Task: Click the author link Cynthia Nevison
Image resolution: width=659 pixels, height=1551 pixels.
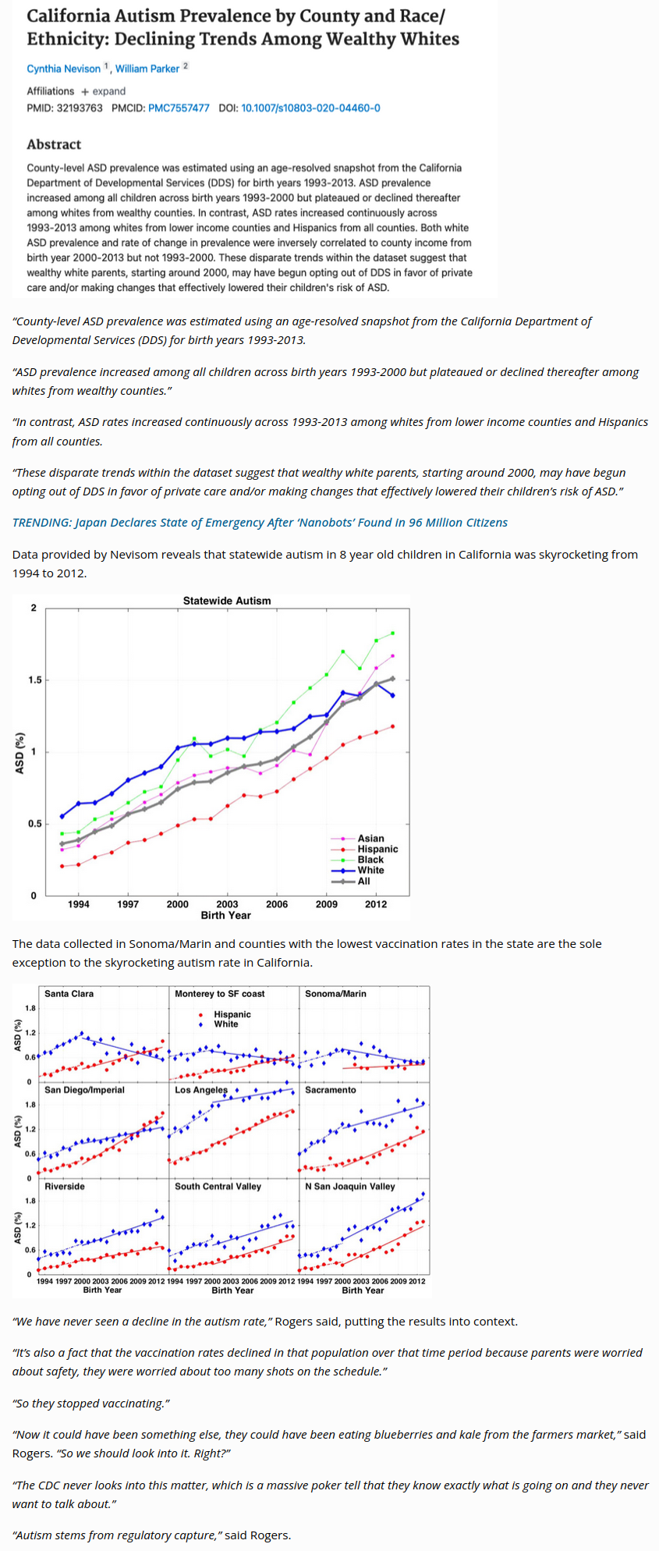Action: (x=64, y=69)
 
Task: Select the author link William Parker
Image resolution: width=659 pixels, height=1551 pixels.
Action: (x=147, y=69)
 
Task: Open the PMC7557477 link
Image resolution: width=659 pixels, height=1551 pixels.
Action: (x=179, y=108)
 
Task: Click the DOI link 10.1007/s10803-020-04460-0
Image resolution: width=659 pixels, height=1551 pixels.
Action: (x=310, y=108)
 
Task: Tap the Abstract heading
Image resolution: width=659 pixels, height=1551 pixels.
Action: (x=54, y=144)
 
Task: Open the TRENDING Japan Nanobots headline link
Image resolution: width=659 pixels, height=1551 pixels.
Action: (x=260, y=523)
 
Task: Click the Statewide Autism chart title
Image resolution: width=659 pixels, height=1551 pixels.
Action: (x=227, y=601)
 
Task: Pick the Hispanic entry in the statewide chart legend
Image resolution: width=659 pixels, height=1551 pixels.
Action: (x=377, y=849)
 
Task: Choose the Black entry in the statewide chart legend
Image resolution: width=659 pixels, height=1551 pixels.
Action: (x=370, y=860)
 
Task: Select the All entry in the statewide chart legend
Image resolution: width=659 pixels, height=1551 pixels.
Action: (x=363, y=881)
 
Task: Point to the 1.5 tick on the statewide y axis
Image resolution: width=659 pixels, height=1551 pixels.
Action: (x=35, y=680)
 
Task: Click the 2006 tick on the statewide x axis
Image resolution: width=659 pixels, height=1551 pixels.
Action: (x=277, y=904)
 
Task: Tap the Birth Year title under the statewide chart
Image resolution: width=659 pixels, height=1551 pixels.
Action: (x=226, y=915)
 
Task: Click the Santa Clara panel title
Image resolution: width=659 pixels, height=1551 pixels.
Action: (x=69, y=994)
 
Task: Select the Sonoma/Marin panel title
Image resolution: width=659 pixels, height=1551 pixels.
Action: (x=335, y=994)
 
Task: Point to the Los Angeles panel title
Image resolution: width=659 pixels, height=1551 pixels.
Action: (x=201, y=1090)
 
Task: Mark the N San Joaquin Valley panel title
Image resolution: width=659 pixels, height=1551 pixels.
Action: (x=350, y=1186)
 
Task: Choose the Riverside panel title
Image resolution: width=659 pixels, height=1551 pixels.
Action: (x=65, y=1186)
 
